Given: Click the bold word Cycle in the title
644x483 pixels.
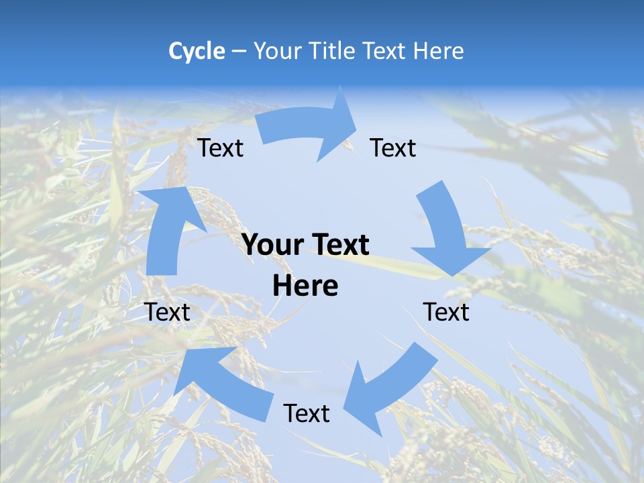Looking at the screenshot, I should coord(197,51).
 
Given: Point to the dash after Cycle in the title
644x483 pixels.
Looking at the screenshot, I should coord(238,51).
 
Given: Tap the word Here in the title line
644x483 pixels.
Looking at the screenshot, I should coord(438,51).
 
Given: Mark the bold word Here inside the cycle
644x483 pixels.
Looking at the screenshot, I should coord(305,286).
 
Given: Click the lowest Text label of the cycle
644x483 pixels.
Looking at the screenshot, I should coord(307,413).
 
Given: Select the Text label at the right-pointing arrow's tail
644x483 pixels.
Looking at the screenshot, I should coord(221,148).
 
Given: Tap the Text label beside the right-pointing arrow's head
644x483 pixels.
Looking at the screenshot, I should coord(393,148).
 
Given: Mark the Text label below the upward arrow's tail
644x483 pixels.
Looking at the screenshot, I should coord(168,312).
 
